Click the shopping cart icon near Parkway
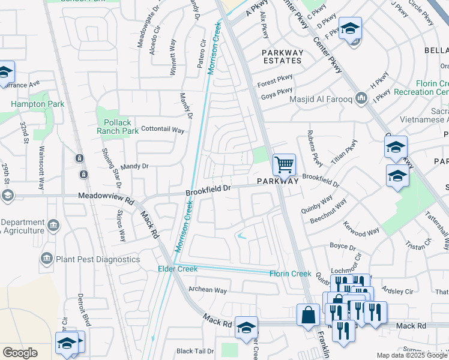[284, 164]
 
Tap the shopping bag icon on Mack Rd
[308, 314]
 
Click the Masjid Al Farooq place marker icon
[361, 98]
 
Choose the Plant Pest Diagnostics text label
[98, 259]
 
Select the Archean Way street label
[208, 290]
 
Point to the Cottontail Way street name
[162, 129]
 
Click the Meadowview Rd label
[105, 196]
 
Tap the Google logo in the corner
[20, 353]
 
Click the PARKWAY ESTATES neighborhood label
[282, 57]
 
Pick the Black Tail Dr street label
[196, 351]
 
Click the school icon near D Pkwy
[350, 28]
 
